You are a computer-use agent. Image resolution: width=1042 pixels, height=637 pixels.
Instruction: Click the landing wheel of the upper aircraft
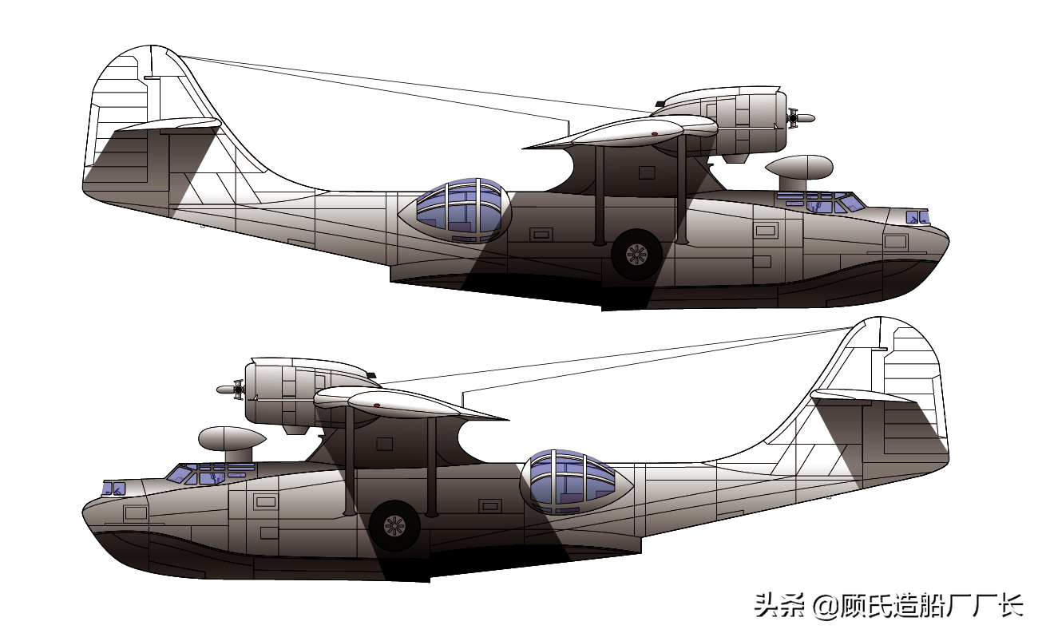pos(636,255)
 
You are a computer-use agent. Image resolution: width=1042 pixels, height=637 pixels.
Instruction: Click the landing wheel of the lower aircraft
pos(394,526)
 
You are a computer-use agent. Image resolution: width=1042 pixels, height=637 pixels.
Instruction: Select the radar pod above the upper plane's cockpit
pos(799,173)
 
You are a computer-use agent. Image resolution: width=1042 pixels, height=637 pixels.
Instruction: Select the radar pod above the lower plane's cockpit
pos(232,445)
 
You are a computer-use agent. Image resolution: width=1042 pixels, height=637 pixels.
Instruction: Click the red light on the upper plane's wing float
pos(655,134)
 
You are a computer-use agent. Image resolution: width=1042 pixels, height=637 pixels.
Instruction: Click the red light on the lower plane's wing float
pos(377,406)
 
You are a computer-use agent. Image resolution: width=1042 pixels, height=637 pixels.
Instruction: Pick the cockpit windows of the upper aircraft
pos(821,203)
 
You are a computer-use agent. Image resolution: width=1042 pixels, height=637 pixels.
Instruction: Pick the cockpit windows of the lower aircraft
pos(211,474)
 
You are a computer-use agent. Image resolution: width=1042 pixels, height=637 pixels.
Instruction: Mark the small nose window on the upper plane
pos(917,217)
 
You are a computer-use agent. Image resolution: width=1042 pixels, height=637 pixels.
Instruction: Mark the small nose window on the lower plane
pos(114,489)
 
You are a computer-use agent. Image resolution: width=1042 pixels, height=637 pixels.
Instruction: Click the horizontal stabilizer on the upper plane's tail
pos(168,125)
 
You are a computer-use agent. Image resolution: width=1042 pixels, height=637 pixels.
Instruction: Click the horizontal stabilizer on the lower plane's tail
pos(864,396)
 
